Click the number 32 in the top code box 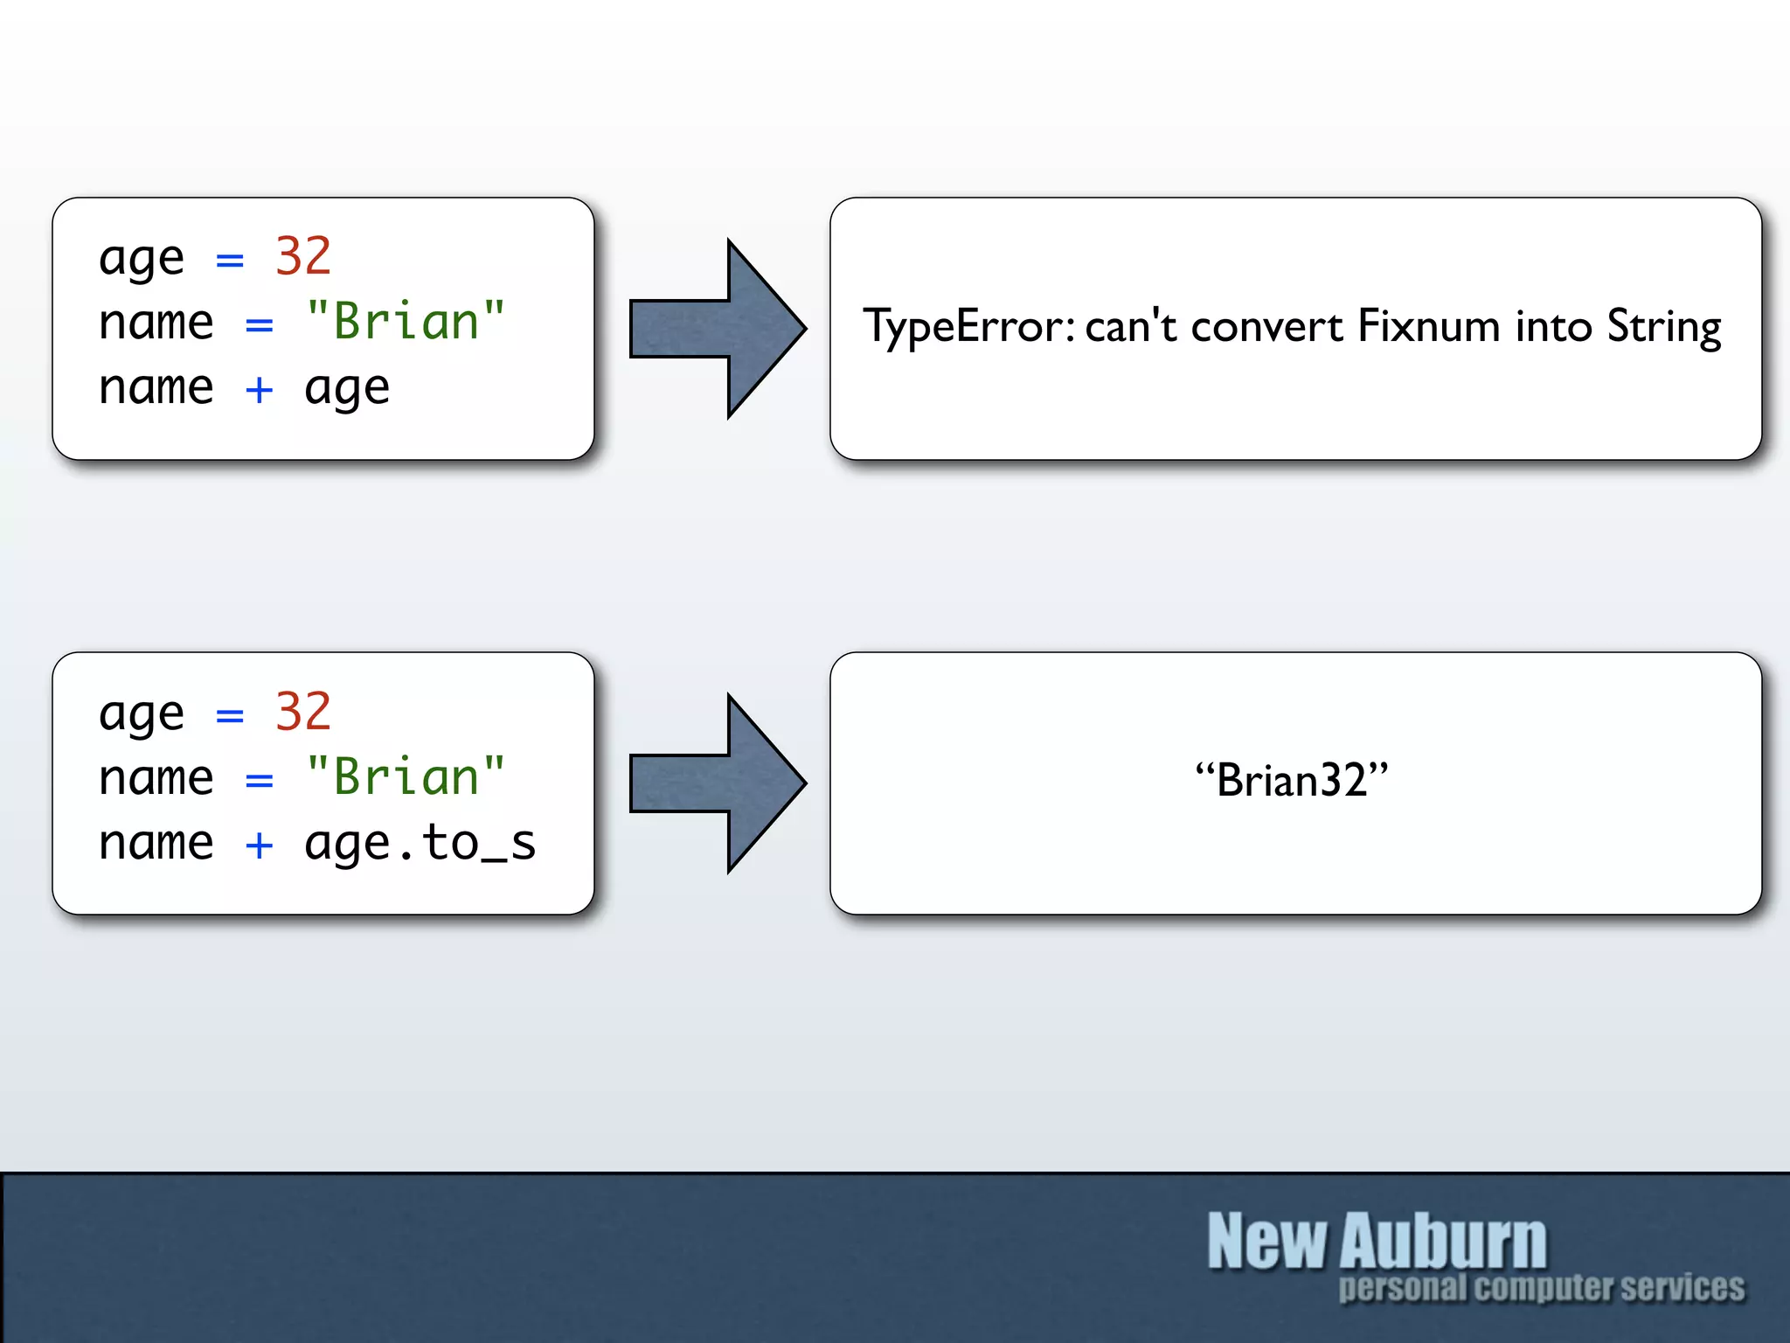(302, 256)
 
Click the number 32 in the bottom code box (302, 711)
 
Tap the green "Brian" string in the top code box (406, 321)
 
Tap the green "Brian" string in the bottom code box (406, 776)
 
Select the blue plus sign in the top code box (259, 389)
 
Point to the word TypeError (968, 327)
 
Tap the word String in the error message (1664, 327)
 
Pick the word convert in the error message (1266, 327)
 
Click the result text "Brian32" (1292, 779)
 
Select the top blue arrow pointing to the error (717, 329)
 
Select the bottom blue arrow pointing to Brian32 (717, 783)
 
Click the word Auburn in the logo (1444, 1242)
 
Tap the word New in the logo (1266, 1242)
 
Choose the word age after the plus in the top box (347, 389)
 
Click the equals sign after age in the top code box (230, 260)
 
